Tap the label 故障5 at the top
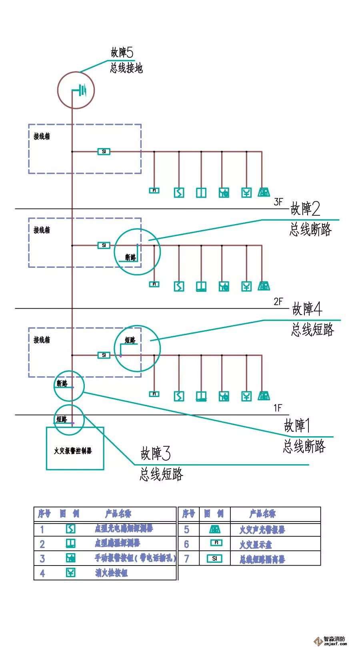click(122, 52)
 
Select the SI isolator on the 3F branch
click(104, 152)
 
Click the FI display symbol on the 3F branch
click(154, 191)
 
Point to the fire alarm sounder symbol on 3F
click(264, 193)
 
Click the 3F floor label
click(278, 202)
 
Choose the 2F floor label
click(278, 302)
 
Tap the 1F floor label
click(278, 408)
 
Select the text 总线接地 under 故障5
click(126, 68)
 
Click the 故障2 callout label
click(305, 209)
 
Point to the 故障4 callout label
click(307, 309)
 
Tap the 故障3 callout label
click(156, 454)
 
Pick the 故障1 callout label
click(297, 425)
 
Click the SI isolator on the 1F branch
click(104, 355)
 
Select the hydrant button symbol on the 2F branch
click(246, 286)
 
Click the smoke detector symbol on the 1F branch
click(179, 396)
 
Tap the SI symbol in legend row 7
click(214, 558)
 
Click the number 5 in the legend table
click(186, 530)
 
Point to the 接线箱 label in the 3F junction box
click(42, 136)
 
